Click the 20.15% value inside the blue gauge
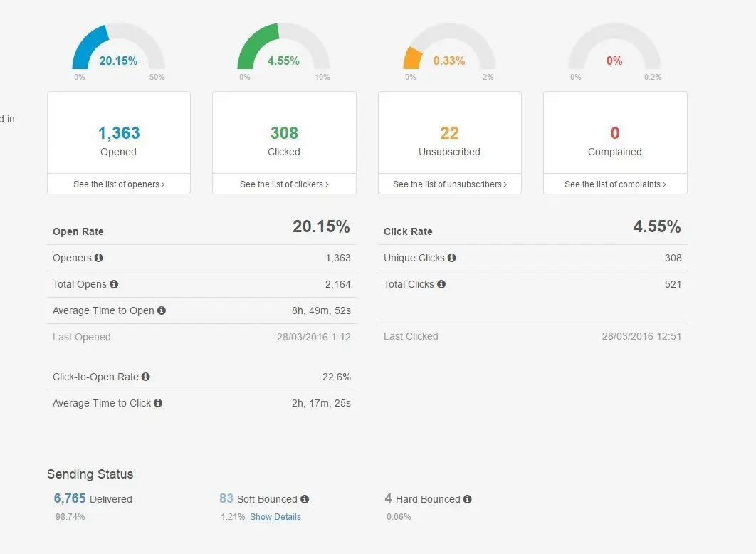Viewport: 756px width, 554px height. point(118,61)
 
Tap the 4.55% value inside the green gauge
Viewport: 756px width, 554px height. point(283,61)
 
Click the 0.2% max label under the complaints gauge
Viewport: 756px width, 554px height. point(652,77)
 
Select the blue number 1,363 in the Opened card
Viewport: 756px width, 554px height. point(119,133)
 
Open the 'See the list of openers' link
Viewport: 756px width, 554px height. point(119,184)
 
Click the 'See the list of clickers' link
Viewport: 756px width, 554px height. point(284,184)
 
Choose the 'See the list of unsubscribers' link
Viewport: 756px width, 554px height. point(450,184)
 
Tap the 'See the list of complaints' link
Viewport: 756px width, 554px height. point(615,184)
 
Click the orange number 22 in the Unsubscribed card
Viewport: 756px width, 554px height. point(449,133)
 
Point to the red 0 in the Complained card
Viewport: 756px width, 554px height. point(615,133)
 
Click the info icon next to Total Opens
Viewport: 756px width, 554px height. point(114,284)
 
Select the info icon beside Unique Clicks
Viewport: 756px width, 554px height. point(452,258)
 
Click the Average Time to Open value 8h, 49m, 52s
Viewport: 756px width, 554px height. point(321,310)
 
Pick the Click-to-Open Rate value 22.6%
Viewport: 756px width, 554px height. point(336,377)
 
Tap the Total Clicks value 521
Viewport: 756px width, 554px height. point(673,284)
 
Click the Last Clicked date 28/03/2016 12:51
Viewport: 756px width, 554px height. point(642,336)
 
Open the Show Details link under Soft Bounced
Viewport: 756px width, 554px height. point(275,517)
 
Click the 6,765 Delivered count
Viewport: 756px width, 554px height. point(70,499)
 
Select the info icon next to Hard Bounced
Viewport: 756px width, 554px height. point(468,499)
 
